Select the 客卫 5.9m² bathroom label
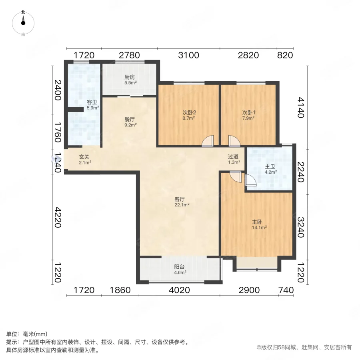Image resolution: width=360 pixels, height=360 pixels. coord(92,105)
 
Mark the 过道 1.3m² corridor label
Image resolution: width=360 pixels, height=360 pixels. coord(234,159)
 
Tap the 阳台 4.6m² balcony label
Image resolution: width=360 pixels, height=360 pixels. coord(180,270)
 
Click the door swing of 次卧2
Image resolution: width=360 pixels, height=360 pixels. coord(208,142)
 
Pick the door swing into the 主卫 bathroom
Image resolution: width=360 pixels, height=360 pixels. coord(250,181)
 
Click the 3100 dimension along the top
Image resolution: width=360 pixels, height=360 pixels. coord(188,56)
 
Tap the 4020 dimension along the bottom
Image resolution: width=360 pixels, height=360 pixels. coord(179,290)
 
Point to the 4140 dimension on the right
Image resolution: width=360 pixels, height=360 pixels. coord(301,107)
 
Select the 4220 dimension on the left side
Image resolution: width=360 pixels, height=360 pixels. coord(58,217)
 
